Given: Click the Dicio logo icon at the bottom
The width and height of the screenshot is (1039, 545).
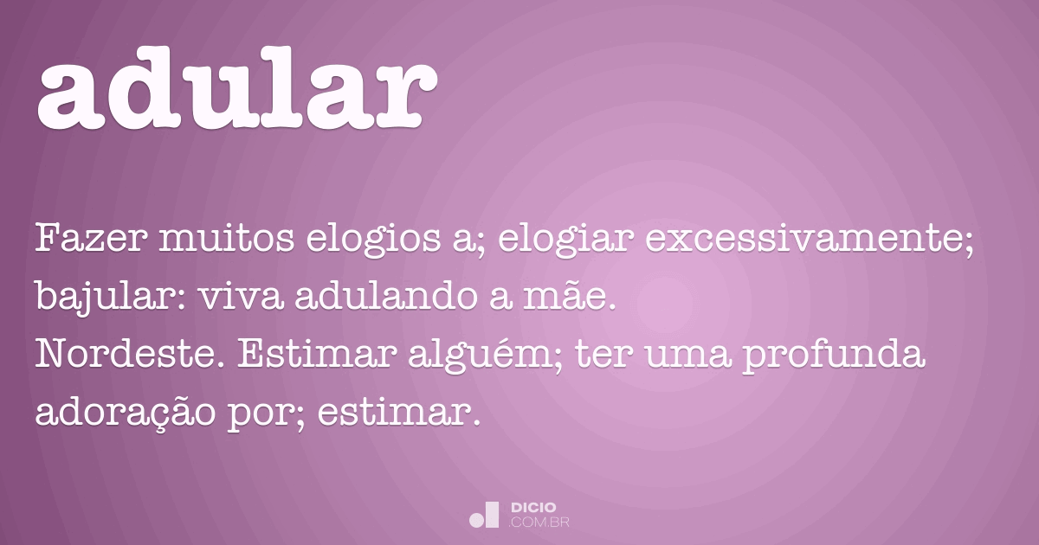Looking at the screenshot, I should coord(484,515).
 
